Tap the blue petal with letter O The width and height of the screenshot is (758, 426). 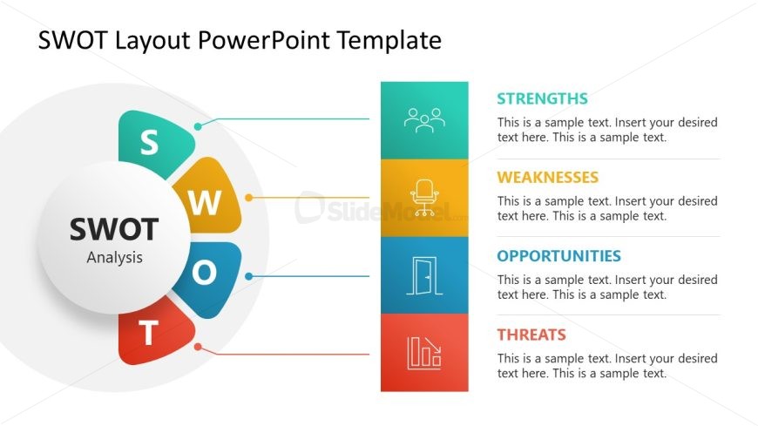point(208,278)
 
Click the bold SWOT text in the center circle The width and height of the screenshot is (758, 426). point(114,229)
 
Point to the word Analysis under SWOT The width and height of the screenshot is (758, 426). point(114,258)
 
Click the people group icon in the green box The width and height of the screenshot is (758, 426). point(424,120)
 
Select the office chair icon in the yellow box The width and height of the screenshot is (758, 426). point(424,197)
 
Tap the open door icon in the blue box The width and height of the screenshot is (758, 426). point(424,275)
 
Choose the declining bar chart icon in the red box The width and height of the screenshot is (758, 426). point(424,354)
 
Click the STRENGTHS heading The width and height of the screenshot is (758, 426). point(543,98)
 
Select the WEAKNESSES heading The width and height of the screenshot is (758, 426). point(548,178)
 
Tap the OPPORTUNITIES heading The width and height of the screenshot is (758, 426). point(558,256)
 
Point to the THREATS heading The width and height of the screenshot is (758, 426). point(531,335)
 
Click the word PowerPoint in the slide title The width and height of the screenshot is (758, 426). point(264,40)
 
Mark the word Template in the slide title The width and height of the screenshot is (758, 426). point(389,41)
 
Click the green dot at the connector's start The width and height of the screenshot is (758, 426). point(198,126)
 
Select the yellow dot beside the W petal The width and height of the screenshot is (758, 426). point(248,198)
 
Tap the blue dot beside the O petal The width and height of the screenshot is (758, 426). point(248,276)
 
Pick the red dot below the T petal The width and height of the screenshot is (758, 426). point(198,347)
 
